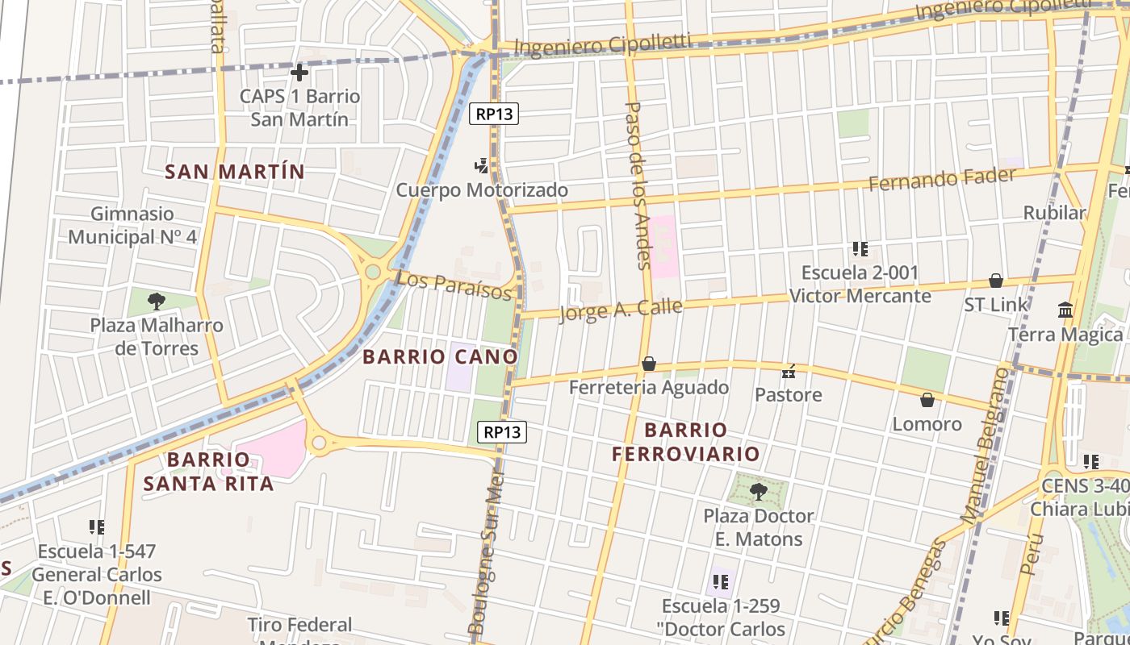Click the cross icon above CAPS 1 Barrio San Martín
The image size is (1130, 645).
299,73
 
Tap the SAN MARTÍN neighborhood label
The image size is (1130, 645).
235,172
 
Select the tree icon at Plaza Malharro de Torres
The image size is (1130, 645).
157,302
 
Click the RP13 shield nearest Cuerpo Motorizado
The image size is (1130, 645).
494,114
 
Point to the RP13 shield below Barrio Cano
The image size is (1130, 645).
502,432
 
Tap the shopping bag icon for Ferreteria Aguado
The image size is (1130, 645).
648,364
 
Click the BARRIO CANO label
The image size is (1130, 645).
440,356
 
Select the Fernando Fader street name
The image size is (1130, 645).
941,179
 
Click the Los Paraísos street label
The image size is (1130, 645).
454,284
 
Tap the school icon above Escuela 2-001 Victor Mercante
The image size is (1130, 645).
860,249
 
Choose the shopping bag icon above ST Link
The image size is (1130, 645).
996,281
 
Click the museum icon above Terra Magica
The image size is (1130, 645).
1065,310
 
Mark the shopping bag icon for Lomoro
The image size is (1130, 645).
927,400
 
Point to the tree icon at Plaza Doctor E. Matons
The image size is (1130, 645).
757,491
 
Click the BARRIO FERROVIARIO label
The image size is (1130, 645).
686,442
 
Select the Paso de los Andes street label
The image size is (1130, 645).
638,185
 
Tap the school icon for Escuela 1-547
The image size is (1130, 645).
97,527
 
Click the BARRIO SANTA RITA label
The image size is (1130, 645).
209,472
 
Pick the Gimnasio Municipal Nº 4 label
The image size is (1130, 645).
132,226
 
